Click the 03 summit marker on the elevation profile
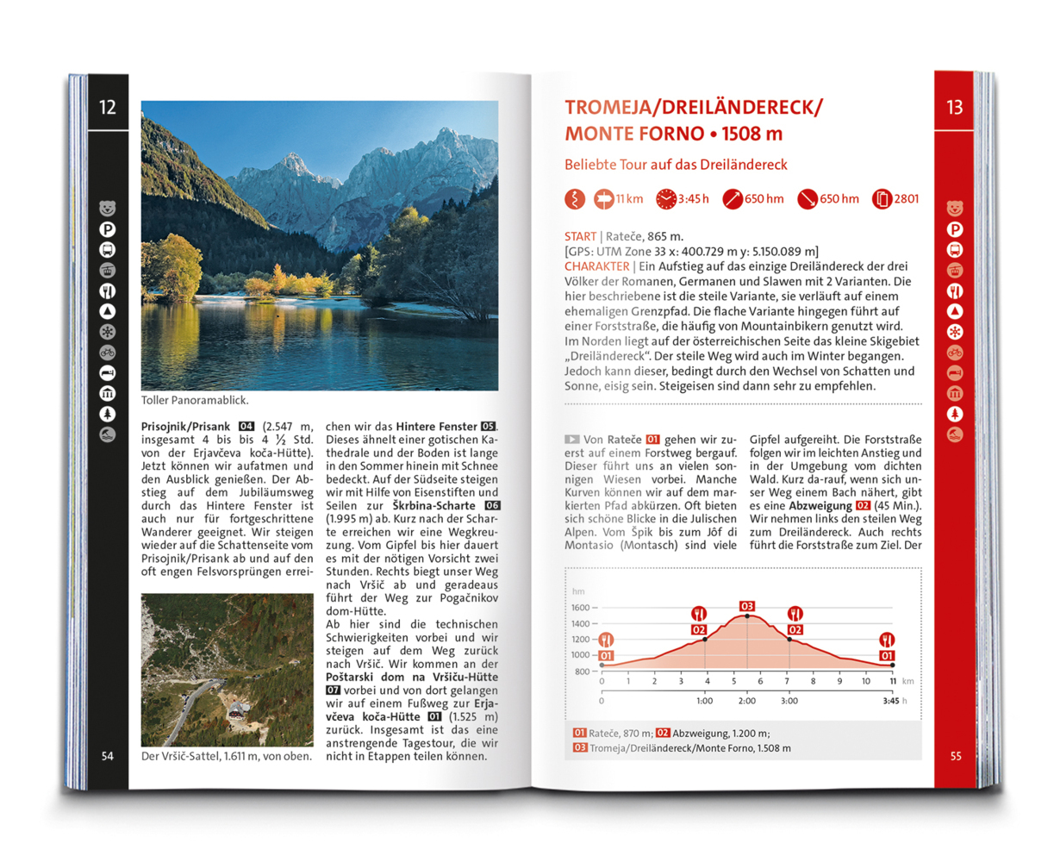click(x=746, y=606)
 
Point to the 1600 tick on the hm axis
click(x=580, y=608)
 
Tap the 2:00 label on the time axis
click(x=746, y=701)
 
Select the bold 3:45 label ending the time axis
click(x=890, y=701)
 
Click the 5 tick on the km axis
click(x=734, y=681)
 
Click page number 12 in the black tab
click(x=108, y=107)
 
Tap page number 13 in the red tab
click(x=954, y=107)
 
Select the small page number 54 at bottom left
click(x=108, y=756)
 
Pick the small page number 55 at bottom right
click(x=955, y=756)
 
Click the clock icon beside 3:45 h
click(x=665, y=199)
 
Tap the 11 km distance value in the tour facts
click(x=629, y=199)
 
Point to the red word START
click(x=580, y=236)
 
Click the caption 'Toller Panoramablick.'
click(x=195, y=400)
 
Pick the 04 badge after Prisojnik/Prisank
click(x=246, y=427)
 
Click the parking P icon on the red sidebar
click(x=955, y=229)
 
